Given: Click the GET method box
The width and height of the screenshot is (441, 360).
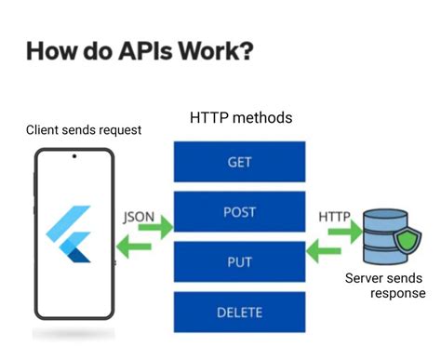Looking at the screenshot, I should click(239, 161).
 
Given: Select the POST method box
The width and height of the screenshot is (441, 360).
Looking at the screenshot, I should click(239, 211).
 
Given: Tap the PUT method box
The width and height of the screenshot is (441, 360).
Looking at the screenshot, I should click(239, 261).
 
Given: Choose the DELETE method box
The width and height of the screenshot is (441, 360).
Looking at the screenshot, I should click(239, 312).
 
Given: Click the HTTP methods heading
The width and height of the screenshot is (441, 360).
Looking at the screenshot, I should click(241, 118).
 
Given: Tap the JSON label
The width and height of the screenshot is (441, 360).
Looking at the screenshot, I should click(139, 216).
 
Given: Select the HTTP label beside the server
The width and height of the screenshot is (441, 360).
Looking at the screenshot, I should click(334, 216).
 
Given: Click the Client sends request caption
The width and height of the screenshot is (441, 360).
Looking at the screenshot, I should click(84, 129).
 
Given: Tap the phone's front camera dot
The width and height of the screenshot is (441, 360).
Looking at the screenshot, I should click(74, 155).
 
